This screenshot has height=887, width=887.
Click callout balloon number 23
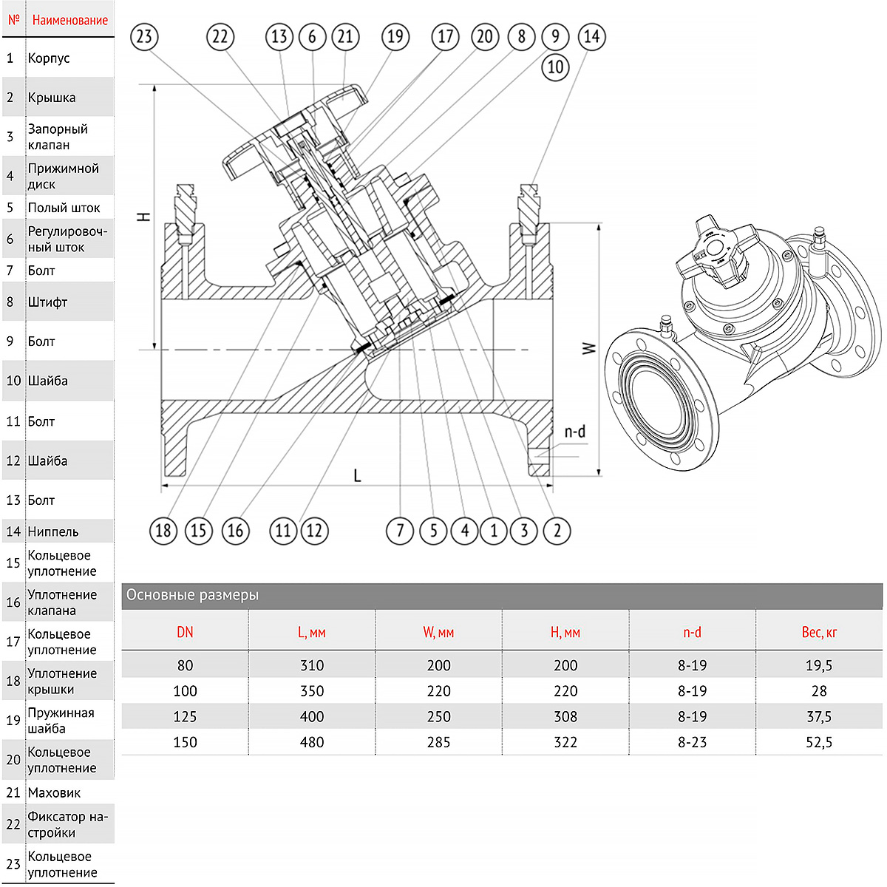[x=144, y=36]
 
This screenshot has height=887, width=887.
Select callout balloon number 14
[x=591, y=36]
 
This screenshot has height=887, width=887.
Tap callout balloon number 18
[x=163, y=530]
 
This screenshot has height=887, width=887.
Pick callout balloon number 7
[x=400, y=530]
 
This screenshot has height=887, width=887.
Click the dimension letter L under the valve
[x=357, y=475]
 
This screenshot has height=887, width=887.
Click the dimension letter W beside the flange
[x=588, y=347]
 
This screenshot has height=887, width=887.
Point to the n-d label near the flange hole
[x=574, y=432]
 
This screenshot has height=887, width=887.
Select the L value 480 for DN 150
[x=312, y=742]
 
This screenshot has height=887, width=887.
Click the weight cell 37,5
[x=819, y=716]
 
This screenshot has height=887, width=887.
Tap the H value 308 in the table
[x=565, y=716]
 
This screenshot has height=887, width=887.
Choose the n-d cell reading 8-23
[x=692, y=742]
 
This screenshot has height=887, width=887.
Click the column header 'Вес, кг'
[x=819, y=632]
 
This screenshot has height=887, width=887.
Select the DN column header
[x=185, y=632]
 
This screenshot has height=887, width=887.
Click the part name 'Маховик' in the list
[x=54, y=792]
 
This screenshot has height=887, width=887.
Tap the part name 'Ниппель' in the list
[x=52, y=531]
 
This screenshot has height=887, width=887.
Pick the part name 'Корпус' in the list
[x=49, y=58]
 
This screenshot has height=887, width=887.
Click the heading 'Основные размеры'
[x=192, y=595]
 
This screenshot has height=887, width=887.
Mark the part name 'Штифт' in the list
[x=47, y=302]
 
